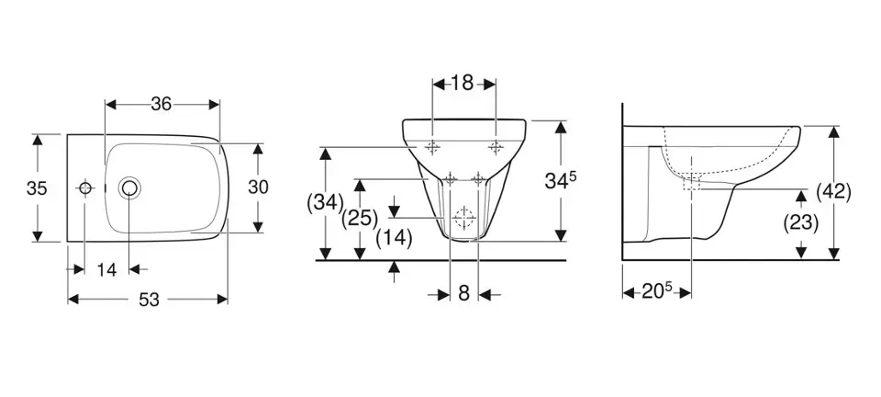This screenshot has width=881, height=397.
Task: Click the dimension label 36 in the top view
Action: pyautogui.click(x=162, y=104)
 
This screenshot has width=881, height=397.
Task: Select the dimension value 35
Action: pyautogui.click(x=37, y=188)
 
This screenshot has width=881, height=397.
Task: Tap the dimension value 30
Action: pyautogui.click(x=259, y=187)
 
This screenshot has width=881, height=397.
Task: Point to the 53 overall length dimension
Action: pyautogui.click(x=150, y=301)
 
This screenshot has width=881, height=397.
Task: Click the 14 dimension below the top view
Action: pyautogui.click(x=106, y=270)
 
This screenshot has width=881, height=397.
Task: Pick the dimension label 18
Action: pyautogui.click(x=463, y=84)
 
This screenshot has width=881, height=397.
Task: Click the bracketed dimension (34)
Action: pyautogui.click(x=325, y=202)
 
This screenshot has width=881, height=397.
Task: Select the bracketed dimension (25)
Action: pyautogui.click(x=360, y=219)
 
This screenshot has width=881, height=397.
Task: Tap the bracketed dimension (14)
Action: pyautogui.click(x=394, y=238)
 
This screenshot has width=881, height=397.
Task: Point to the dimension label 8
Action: pyautogui.click(x=463, y=293)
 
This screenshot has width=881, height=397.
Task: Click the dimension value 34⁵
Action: pyautogui.click(x=561, y=180)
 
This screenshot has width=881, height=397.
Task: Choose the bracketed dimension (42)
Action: pyautogui.click(x=833, y=192)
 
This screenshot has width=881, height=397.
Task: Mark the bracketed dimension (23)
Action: pyautogui.click(x=800, y=223)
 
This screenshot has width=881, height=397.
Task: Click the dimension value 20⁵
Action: pyautogui.click(x=657, y=292)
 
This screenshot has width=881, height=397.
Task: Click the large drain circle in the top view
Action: pyautogui.click(x=129, y=187)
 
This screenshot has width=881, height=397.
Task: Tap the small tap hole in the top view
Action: pyautogui.click(x=84, y=187)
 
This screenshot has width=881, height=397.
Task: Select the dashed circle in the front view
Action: pyautogui.click(x=464, y=217)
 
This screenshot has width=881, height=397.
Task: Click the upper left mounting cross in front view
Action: pyautogui.click(x=432, y=147)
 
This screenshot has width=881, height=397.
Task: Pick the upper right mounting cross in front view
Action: pyautogui.click(x=495, y=147)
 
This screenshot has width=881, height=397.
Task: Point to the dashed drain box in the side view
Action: pyautogui.click(x=691, y=183)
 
